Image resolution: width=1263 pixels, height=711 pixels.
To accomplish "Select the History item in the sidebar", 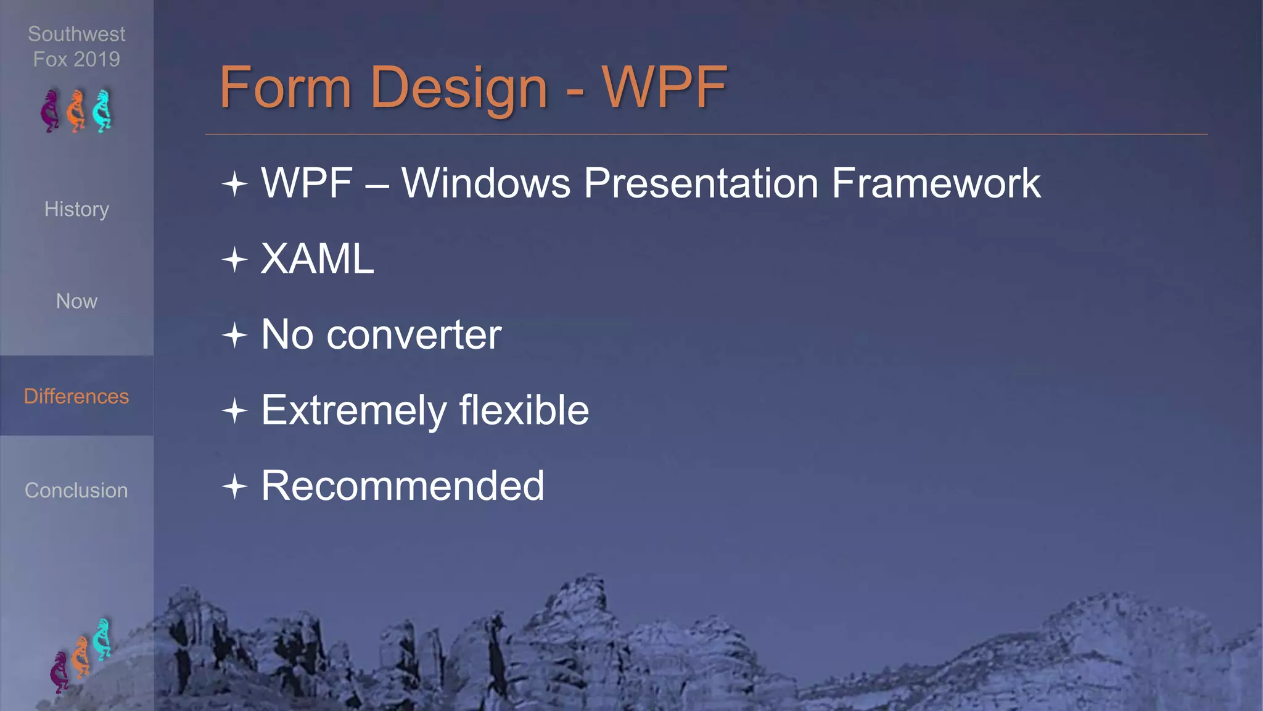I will (x=76, y=209).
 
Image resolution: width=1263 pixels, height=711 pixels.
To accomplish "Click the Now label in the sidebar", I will (x=76, y=301).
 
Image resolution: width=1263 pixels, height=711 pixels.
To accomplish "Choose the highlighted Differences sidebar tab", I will (x=76, y=396).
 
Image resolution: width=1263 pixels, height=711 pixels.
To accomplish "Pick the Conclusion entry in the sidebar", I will (x=76, y=491).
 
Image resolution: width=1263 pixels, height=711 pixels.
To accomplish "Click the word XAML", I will (x=318, y=259).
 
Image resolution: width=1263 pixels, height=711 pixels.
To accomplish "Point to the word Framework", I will (x=936, y=183).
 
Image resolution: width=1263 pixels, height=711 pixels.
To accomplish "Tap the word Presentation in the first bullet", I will (x=701, y=183).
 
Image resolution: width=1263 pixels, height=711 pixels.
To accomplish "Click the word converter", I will (x=414, y=335).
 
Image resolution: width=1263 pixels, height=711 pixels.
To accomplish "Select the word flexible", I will (x=524, y=410).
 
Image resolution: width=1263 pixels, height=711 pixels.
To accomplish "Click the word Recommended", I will (x=403, y=486).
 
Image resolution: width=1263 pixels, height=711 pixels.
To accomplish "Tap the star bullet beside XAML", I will (x=235, y=259).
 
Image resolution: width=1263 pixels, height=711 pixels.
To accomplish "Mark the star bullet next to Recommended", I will (x=235, y=486).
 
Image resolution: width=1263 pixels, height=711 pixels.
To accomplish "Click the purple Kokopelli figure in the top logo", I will (x=51, y=111).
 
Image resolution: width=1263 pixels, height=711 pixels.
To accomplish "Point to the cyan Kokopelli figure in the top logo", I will (x=102, y=111).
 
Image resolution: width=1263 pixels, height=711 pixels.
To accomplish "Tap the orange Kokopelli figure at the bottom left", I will (x=80, y=657).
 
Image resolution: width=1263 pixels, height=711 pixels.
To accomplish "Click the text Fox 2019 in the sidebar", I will (x=76, y=59).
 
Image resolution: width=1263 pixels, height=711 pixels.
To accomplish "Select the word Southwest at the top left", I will (x=76, y=34).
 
